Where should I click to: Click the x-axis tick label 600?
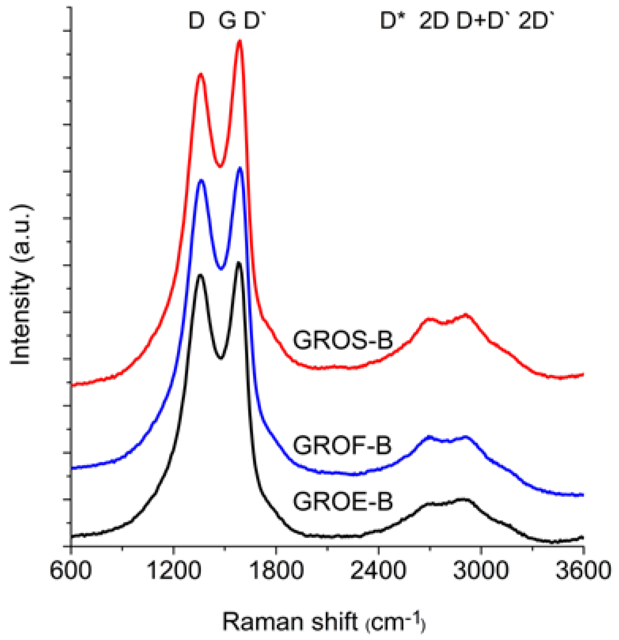[70, 571]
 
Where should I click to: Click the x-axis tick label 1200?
[173, 571]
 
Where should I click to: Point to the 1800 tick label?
[275, 571]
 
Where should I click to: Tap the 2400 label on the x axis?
[378, 571]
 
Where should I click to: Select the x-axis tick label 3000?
[480, 571]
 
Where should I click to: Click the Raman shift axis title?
[323, 622]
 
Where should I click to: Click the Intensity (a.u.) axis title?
[21, 285]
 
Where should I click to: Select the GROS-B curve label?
[343, 340]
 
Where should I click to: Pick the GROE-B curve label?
[343, 501]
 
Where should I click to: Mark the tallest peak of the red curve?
[239, 41]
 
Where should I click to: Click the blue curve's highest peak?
[239, 169]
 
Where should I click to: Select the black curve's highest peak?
[239, 263]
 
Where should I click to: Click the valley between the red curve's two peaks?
[221, 166]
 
